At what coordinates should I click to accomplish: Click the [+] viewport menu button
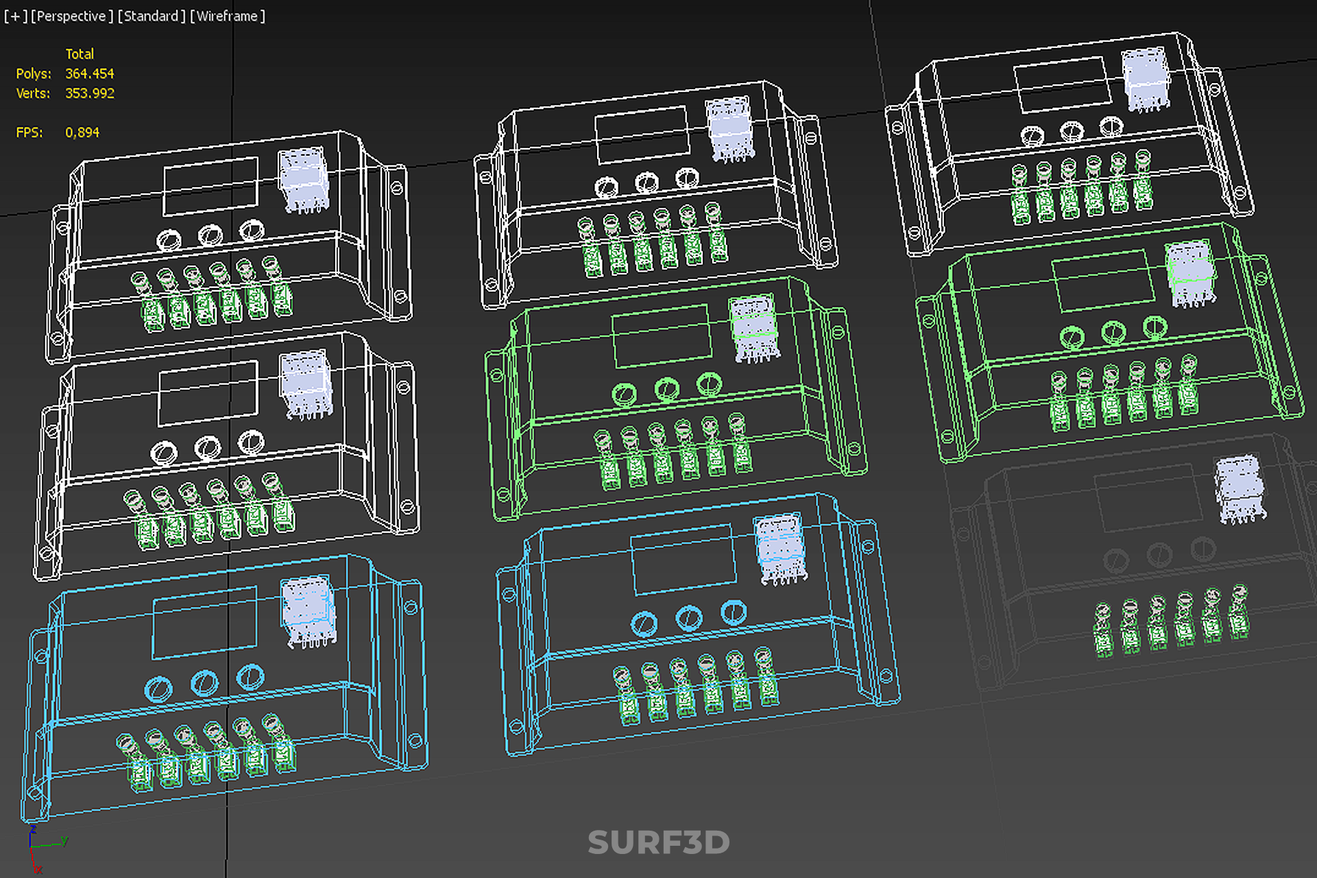click(15, 16)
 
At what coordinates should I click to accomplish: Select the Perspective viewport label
click(72, 16)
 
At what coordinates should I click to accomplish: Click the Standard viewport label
click(152, 16)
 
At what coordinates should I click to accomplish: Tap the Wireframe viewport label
click(227, 16)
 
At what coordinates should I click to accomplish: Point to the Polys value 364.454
click(89, 73)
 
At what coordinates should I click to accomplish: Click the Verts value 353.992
click(89, 93)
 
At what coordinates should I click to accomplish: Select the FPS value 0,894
click(82, 132)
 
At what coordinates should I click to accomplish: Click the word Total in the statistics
click(80, 54)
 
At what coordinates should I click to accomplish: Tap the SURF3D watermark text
click(658, 842)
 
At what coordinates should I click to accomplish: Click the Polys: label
click(34, 73)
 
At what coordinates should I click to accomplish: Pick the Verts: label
click(33, 93)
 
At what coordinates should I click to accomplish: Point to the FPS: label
click(29, 132)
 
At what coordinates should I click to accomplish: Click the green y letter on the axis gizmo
click(64, 840)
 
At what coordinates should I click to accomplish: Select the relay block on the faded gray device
click(1240, 488)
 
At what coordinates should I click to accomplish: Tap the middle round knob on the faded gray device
click(1159, 554)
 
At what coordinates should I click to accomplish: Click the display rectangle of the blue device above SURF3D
click(682, 559)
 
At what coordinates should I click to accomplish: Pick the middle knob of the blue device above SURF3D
click(688, 618)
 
